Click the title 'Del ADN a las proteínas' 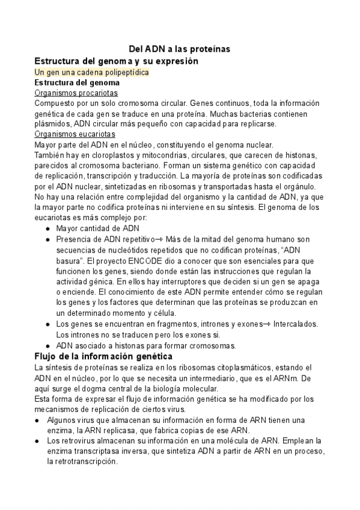coord(180,49)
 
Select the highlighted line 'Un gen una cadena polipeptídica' coord(91,72)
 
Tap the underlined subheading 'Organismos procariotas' coord(76,93)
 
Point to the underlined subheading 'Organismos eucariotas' coord(75,134)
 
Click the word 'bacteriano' coord(143,165)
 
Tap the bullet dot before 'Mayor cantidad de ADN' coord(48,229)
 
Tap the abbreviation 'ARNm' coord(290,378)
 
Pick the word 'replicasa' coord(116,431)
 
